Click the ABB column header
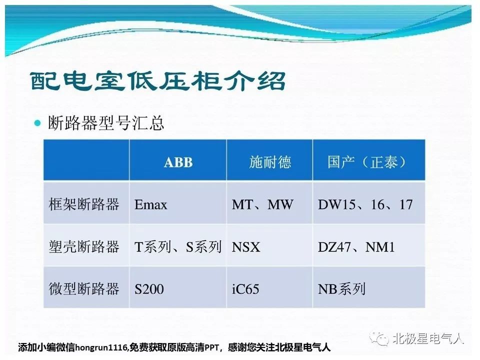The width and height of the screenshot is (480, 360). click(x=178, y=162)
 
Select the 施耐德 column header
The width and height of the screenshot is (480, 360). click(x=269, y=162)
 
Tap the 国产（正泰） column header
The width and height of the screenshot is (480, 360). click(x=366, y=162)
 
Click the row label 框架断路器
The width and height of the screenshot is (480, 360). click(x=84, y=204)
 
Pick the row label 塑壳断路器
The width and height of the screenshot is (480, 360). click(x=84, y=246)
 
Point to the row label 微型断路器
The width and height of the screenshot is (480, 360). click(x=84, y=288)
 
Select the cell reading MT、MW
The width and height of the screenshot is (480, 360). click(x=262, y=204)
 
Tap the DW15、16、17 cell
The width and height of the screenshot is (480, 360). click(x=365, y=204)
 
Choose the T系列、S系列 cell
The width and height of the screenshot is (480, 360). click(x=178, y=246)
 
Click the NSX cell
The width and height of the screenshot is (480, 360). click(x=246, y=247)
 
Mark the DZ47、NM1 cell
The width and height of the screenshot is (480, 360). click(x=356, y=246)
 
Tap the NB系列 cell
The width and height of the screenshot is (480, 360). click(x=341, y=289)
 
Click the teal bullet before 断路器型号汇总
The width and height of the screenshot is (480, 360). click(x=37, y=123)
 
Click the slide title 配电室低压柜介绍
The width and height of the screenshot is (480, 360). click(x=158, y=81)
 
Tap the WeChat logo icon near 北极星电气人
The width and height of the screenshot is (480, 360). click(x=379, y=338)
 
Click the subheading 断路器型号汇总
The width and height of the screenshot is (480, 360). click(x=106, y=123)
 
